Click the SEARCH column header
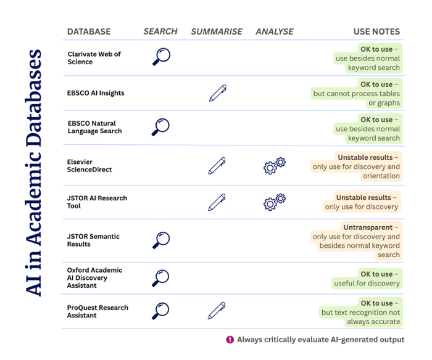(x=160, y=31)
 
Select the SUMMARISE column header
(x=215, y=31)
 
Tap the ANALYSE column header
(x=275, y=31)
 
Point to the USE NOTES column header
(x=376, y=31)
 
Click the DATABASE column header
(x=89, y=31)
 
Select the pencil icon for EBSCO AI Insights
(x=217, y=93)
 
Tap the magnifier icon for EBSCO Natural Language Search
(x=160, y=127)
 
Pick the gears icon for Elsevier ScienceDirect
(x=275, y=165)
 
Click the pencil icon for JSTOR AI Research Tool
(x=217, y=202)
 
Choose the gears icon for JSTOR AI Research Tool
(x=275, y=202)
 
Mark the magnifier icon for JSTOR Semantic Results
(x=160, y=240)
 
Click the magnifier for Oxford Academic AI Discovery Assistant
(x=160, y=277)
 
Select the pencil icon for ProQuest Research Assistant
(x=217, y=311)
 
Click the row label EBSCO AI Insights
(x=96, y=93)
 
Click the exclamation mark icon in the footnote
(x=230, y=340)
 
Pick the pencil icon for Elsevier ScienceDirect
(x=217, y=165)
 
